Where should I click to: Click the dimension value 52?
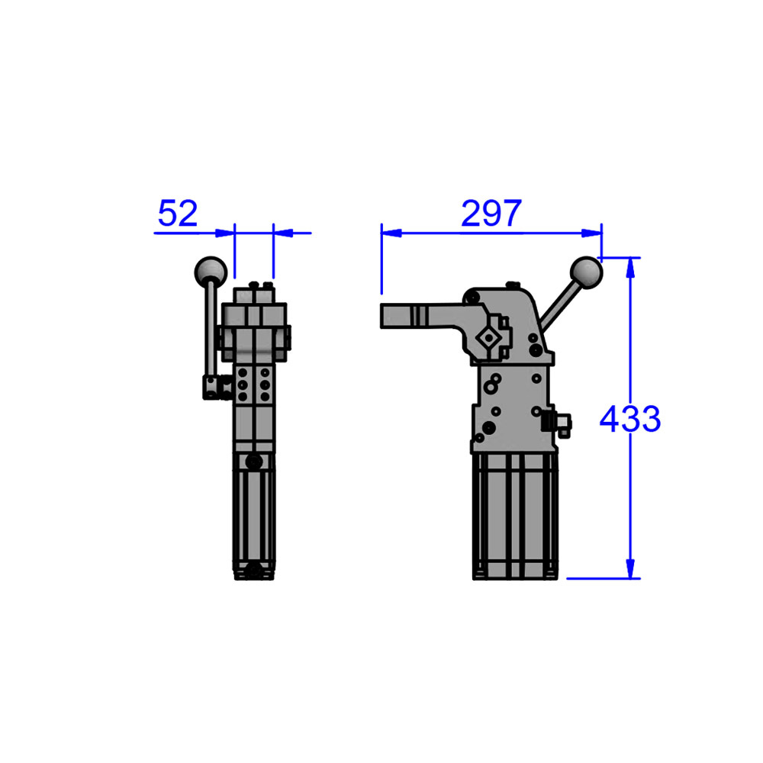tap(177, 214)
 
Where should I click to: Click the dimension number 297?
tap(491, 214)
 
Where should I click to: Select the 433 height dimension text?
tap(629, 419)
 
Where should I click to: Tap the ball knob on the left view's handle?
tap(210, 270)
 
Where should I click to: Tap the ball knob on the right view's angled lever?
tap(587, 272)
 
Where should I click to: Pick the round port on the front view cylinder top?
tap(253, 462)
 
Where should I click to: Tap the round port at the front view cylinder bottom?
tap(253, 569)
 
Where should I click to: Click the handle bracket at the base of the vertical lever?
tap(212, 388)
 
